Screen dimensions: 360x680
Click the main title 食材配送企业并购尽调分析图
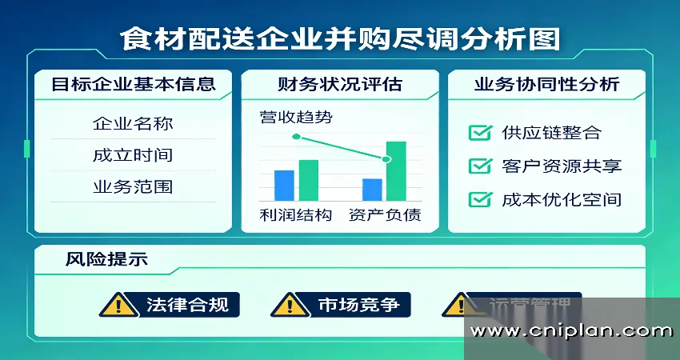point(340,38)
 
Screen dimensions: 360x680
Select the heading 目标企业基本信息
point(133,84)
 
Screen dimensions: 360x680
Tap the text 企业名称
point(133,124)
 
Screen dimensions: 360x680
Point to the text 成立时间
point(133,155)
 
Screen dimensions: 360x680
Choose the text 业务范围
point(133,187)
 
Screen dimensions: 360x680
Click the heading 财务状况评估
point(339,84)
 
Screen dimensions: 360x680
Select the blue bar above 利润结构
point(284,185)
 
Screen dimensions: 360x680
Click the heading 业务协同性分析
point(546,84)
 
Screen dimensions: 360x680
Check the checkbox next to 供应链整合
point(480,133)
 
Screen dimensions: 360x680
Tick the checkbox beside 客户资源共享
point(480,166)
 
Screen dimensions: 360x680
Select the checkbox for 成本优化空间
point(480,199)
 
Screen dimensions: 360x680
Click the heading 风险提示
point(106,260)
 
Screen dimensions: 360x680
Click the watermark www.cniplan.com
point(571,330)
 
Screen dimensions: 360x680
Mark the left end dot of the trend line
point(296,137)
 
